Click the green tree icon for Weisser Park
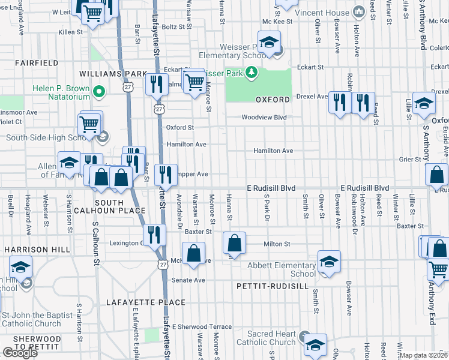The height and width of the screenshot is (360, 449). click(x=251, y=73)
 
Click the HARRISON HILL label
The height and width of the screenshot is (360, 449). click(x=30, y=248)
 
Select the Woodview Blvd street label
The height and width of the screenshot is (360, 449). click(x=264, y=118)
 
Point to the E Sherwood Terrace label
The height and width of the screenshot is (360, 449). click(x=202, y=327)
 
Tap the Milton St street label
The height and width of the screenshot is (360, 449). click(x=277, y=244)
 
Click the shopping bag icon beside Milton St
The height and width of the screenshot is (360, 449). click(x=234, y=243)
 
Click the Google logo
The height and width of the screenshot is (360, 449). click(x=20, y=352)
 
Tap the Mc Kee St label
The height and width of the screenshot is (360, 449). click(x=277, y=21)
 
